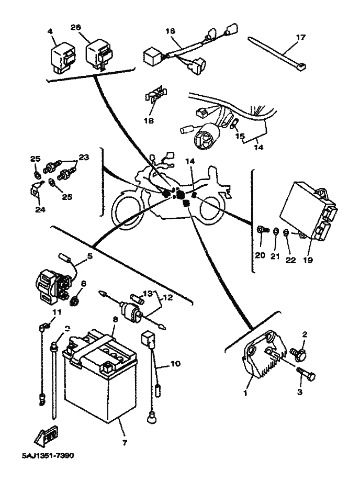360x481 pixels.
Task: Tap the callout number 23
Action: [84, 156]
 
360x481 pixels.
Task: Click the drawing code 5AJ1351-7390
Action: [48, 455]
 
